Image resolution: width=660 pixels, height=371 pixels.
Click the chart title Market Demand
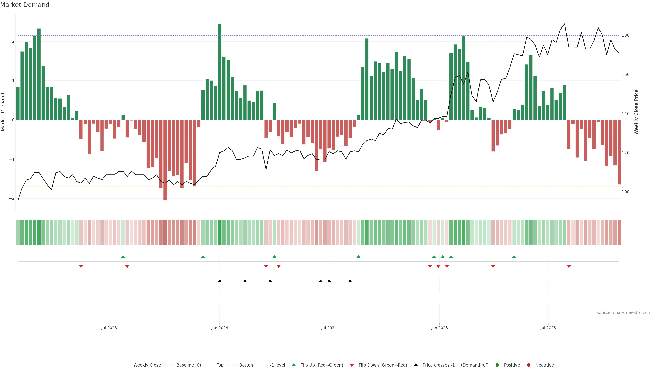[x=25, y=5]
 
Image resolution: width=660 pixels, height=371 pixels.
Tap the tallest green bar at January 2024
[x=220, y=72]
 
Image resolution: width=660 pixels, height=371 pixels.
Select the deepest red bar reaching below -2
[x=165, y=160]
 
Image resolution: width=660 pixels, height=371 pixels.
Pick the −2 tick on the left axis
[x=12, y=198]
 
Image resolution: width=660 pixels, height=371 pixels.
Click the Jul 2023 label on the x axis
[x=109, y=328]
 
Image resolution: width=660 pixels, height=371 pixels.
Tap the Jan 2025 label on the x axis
[x=439, y=328]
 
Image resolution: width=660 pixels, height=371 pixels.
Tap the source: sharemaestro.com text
[x=624, y=313]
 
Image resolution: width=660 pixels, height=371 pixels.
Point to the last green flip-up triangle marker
[x=514, y=257]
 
